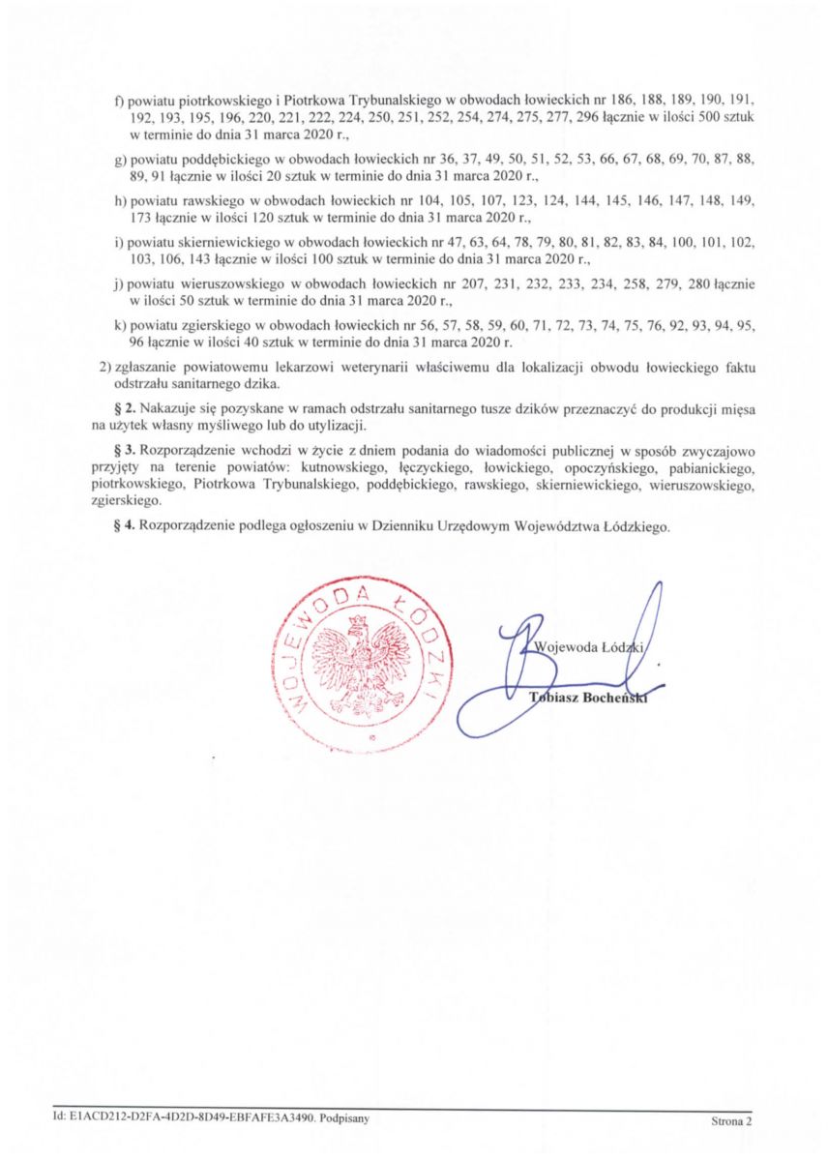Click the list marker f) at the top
coord(120,102)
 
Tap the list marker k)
coord(121,327)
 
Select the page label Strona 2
coord(730,1122)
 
